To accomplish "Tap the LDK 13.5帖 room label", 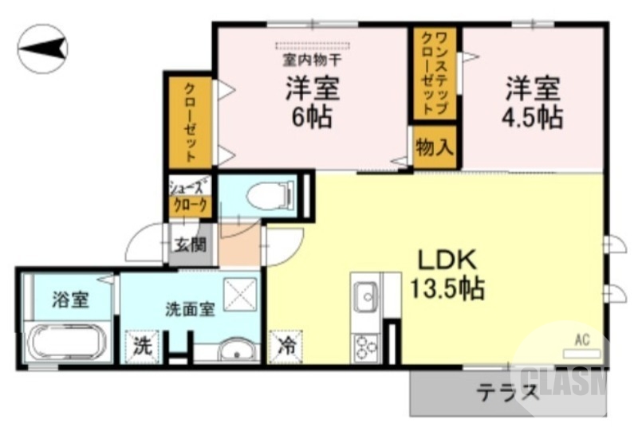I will (x=447, y=274).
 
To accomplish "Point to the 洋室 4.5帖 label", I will (x=532, y=102).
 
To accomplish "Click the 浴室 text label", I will (x=70, y=300).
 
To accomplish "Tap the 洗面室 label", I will (x=190, y=309).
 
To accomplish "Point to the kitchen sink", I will (x=367, y=298).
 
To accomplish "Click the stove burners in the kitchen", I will (x=367, y=348).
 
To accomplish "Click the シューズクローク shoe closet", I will (x=191, y=198).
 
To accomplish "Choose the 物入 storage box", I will (x=435, y=147).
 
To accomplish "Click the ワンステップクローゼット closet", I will (x=435, y=73).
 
